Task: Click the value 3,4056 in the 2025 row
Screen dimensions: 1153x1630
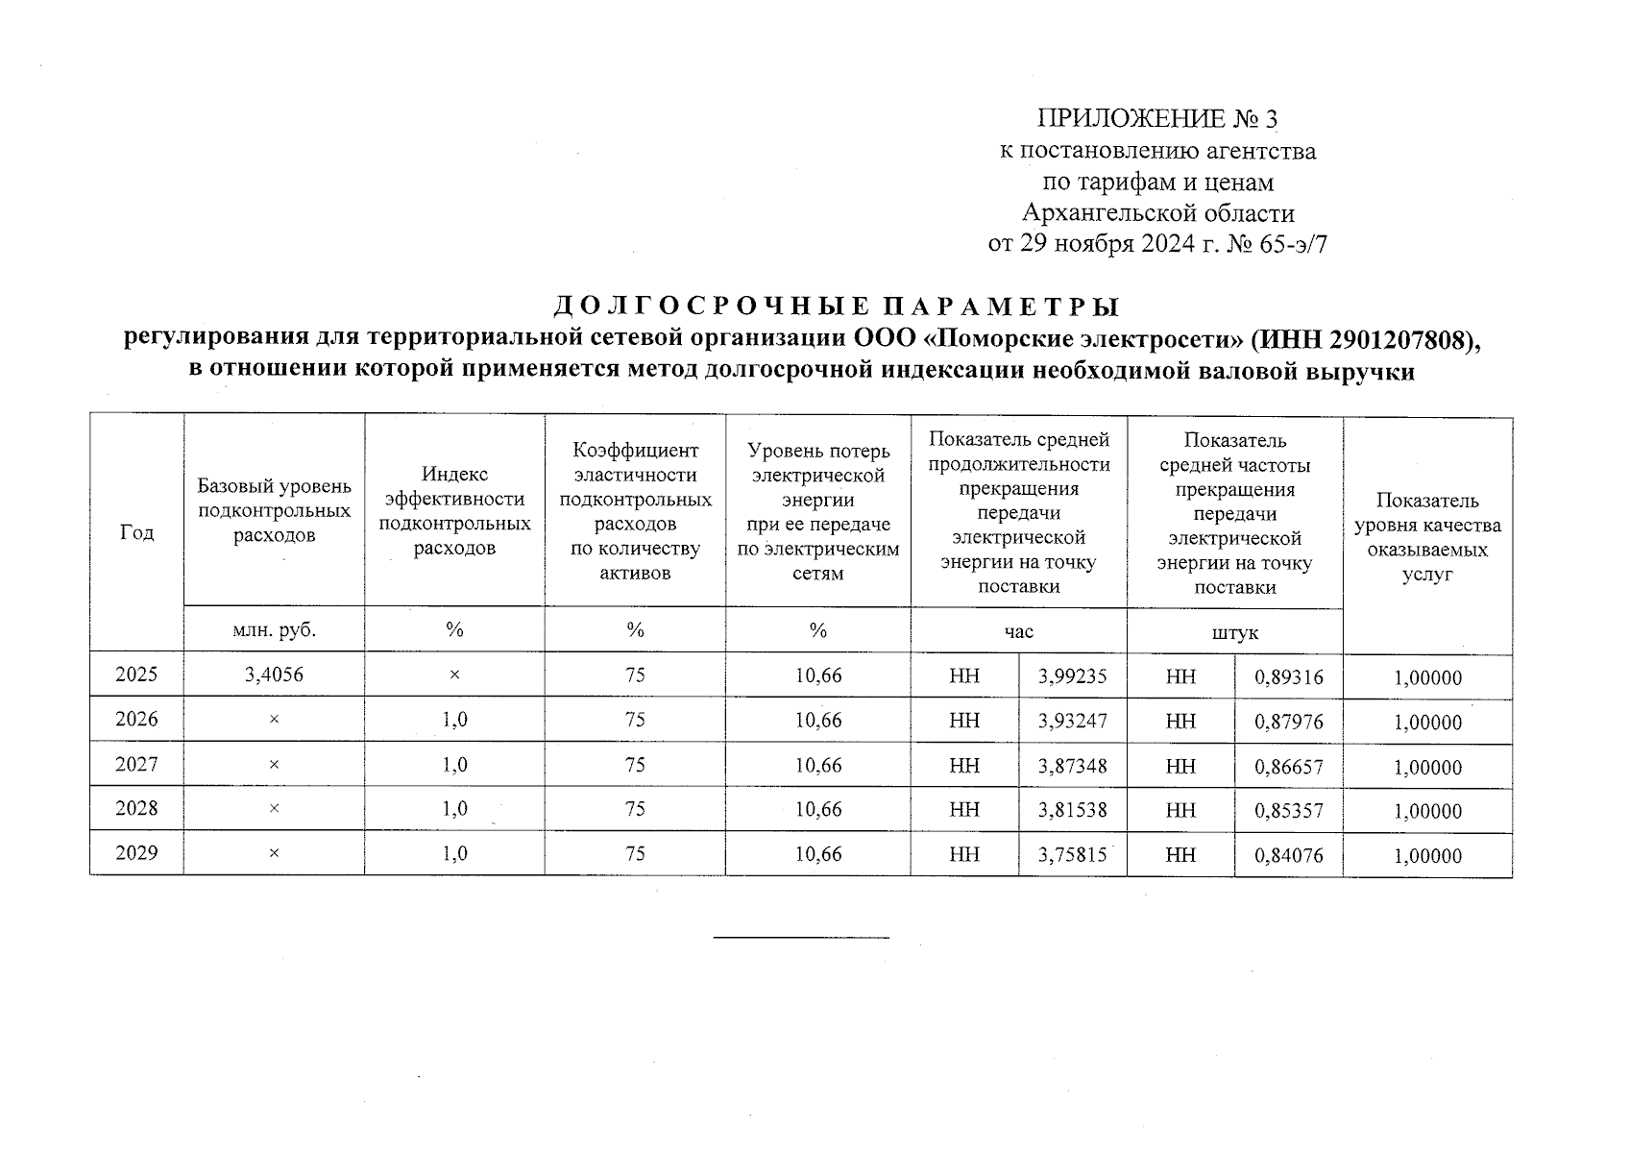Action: (x=274, y=675)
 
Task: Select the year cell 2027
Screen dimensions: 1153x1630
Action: (x=136, y=765)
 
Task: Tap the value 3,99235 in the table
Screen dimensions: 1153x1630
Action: (x=1072, y=676)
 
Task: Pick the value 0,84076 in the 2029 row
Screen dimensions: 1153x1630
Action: (x=1288, y=856)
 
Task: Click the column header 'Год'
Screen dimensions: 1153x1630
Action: (x=136, y=533)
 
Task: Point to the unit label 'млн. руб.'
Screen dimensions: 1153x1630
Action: (x=274, y=630)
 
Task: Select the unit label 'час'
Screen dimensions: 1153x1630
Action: (x=1018, y=631)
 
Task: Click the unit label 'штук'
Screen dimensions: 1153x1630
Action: (x=1234, y=633)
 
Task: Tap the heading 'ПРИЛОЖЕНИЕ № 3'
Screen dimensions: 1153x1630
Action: (x=1157, y=119)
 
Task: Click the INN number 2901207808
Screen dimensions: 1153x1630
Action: (x=1398, y=339)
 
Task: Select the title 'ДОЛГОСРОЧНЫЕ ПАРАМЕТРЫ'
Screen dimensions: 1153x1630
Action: (x=837, y=307)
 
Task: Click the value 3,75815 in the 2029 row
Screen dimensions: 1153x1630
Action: (x=1072, y=855)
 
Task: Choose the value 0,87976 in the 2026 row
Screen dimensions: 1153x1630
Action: (x=1288, y=722)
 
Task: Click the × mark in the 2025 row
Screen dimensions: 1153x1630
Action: (x=454, y=675)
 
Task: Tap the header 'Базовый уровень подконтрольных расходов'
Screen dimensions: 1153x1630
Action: (x=274, y=510)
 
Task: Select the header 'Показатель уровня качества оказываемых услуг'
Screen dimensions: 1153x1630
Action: (x=1426, y=537)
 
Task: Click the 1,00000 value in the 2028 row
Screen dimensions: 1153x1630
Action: (x=1427, y=812)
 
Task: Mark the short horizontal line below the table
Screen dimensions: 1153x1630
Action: (x=801, y=937)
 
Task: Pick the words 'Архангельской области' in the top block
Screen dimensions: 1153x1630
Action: (x=1157, y=212)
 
